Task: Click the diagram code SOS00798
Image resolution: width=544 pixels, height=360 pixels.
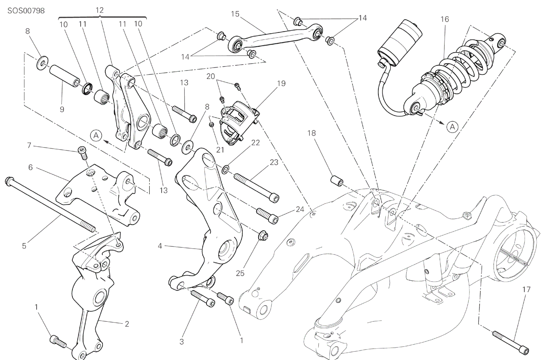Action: click(x=26, y=11)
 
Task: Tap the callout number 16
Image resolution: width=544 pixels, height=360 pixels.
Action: click(x=444, y=19)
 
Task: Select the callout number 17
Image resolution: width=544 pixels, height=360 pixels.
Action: click(x=526, y=290)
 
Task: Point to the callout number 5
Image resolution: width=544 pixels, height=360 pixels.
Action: click(x=24, y=246)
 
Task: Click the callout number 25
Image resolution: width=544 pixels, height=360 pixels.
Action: click(x=240, y=273)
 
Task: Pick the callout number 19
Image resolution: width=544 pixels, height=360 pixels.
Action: click(x=281, y=83)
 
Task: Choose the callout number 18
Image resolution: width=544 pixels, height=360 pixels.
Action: click(x=312, y=133)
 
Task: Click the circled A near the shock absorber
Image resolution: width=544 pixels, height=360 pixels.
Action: click(x=452, y=126)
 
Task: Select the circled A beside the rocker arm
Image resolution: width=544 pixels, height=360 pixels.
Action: click(x=96, y=135)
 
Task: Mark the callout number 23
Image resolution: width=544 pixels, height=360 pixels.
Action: click(x=274, y=162)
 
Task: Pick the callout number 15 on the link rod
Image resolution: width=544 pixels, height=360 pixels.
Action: click(x=235, y=14)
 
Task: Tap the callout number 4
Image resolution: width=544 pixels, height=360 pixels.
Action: click(x=160, y=246)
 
